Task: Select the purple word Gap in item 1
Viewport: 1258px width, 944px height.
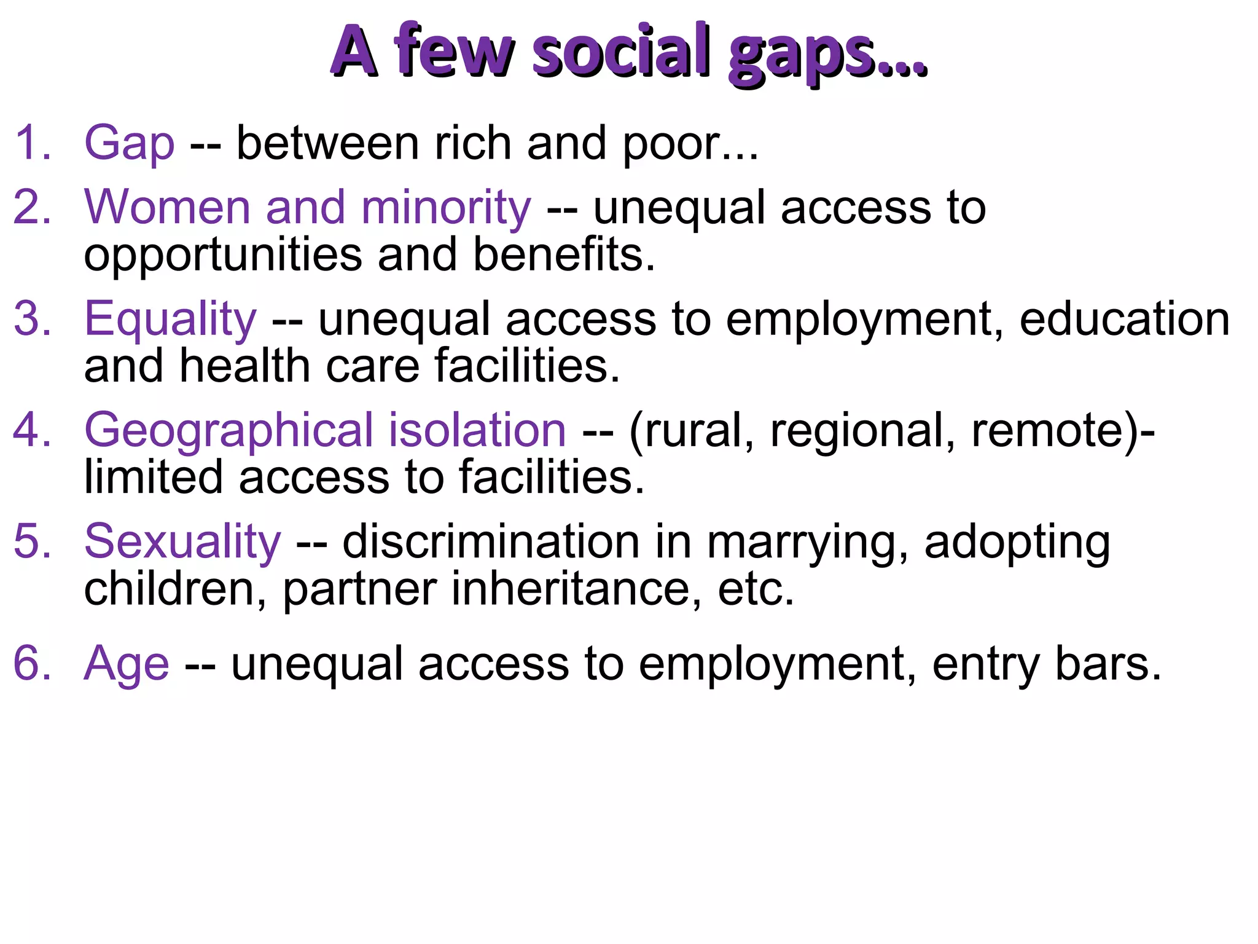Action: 129,143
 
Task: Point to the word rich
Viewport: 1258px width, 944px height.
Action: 473,143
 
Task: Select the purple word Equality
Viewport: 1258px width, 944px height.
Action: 170,320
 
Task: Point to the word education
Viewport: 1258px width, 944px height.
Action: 1125,319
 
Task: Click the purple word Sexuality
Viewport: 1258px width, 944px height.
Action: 182,542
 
